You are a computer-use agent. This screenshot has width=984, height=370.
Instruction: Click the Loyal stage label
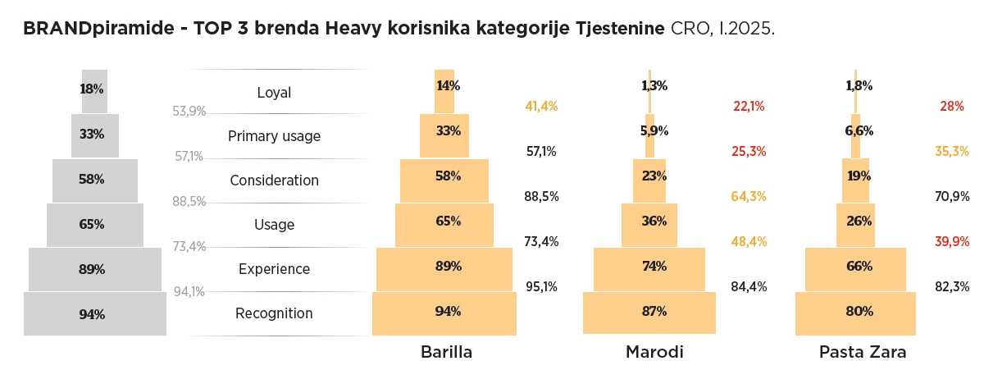coord(274,93)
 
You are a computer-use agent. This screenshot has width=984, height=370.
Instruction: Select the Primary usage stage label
coord(274,136)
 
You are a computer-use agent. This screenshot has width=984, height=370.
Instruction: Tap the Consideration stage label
coord(274,180)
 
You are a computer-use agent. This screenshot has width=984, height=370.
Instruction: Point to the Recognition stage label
coord(274,313)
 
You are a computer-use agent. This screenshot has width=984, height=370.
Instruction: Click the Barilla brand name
coord(446,353)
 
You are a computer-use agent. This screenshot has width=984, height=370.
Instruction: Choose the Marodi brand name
coord(654,353)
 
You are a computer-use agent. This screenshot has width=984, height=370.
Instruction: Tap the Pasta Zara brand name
coord(863,353)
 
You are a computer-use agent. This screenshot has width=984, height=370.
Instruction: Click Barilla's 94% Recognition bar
coord(444,313)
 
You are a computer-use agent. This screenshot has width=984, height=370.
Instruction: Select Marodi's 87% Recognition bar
coord(649,313)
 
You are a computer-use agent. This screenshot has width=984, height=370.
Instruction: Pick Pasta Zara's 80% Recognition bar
coord(855,313)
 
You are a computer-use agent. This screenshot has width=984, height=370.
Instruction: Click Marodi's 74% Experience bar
coord(649,267)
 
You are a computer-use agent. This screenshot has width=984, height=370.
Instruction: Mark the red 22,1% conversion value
coord(748,107)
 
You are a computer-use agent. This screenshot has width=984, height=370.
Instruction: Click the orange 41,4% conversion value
coord(541,107)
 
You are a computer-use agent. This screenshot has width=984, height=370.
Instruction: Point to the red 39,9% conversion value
coord(952,241)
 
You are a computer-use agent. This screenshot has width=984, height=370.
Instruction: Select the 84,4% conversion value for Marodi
coord(748,286)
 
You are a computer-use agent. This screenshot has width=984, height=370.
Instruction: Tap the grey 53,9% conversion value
coord(189,112)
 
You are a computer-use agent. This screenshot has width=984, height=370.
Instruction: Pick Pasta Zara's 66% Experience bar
coord(855,267)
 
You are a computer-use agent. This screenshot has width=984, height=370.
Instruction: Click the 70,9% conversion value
coord(952,196)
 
